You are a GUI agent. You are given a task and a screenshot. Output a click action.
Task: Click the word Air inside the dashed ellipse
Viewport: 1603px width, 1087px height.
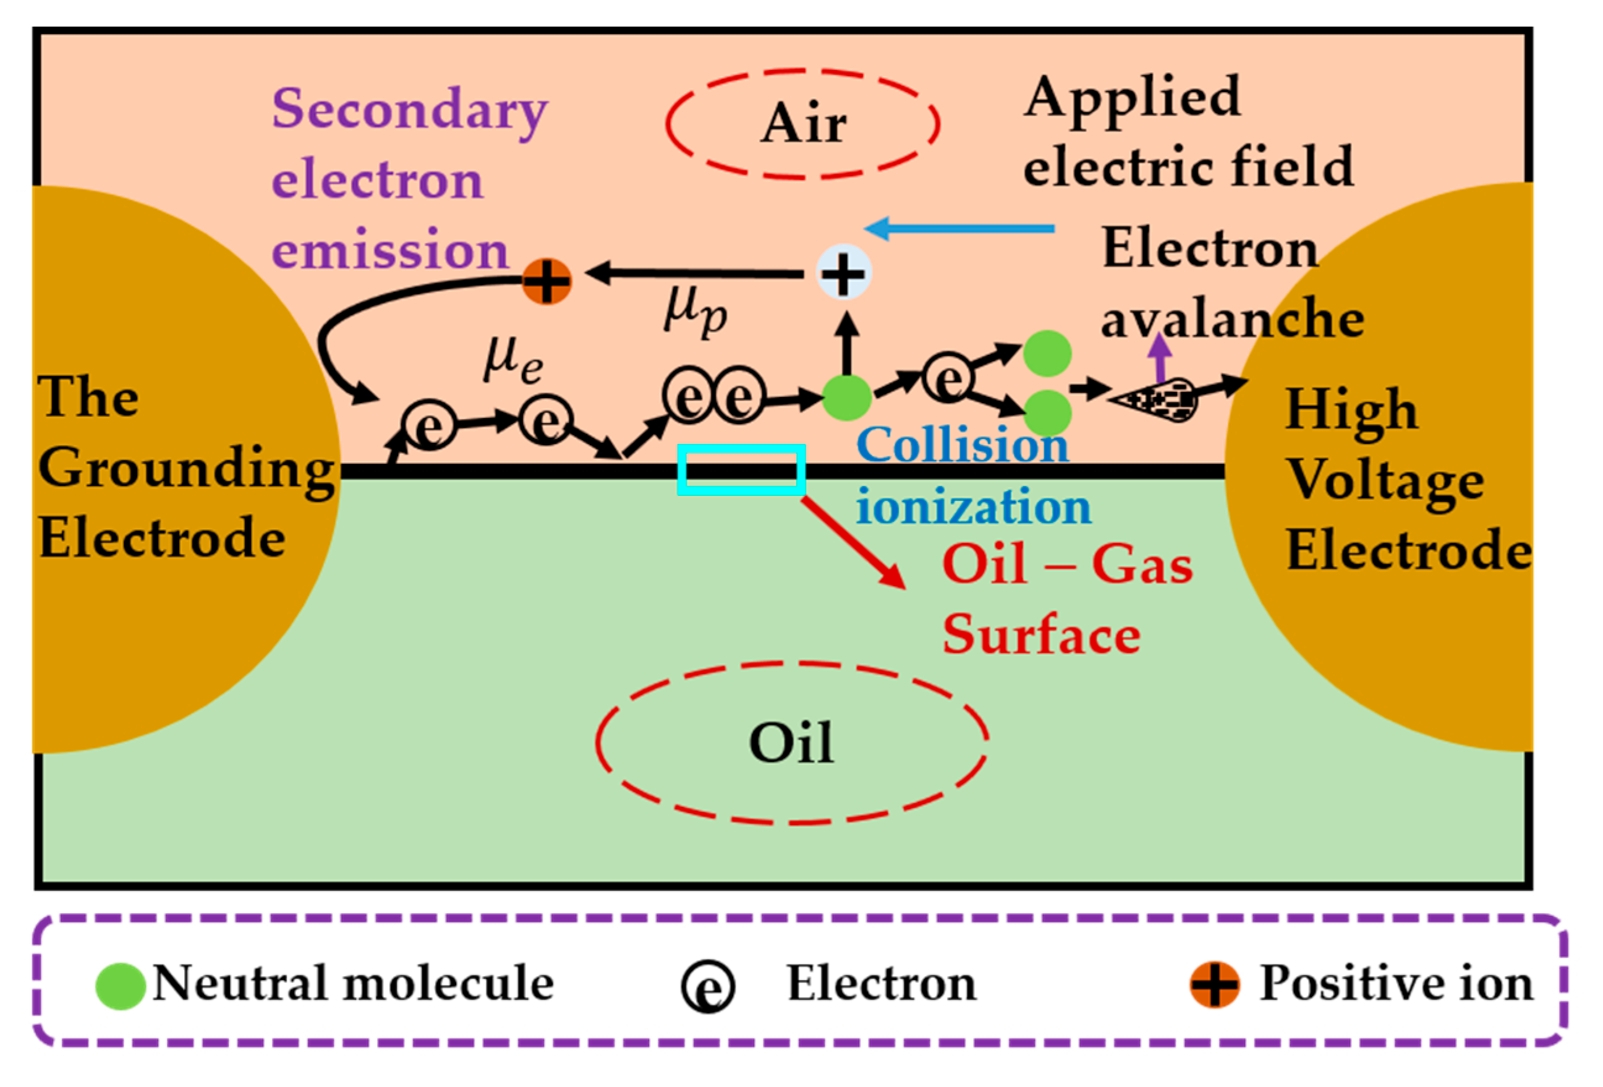point(804,124)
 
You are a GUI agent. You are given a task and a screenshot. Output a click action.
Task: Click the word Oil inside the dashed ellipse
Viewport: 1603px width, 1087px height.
point(792,743)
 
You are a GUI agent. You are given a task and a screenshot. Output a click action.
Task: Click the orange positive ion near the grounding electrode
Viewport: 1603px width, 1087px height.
point(547,281)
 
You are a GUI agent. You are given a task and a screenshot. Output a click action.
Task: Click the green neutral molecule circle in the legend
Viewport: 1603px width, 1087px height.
point(120,986)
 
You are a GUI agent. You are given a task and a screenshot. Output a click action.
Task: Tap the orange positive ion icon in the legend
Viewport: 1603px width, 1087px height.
point(1215,984)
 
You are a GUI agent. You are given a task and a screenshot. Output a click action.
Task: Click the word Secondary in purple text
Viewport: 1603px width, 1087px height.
point(410,110)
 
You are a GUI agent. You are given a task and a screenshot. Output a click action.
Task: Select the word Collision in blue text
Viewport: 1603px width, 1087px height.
point(962,446)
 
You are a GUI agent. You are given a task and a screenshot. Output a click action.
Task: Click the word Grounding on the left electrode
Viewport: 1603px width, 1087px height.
point(186,469)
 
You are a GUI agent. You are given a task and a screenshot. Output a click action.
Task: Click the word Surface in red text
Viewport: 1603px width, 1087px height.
point(1041,634)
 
